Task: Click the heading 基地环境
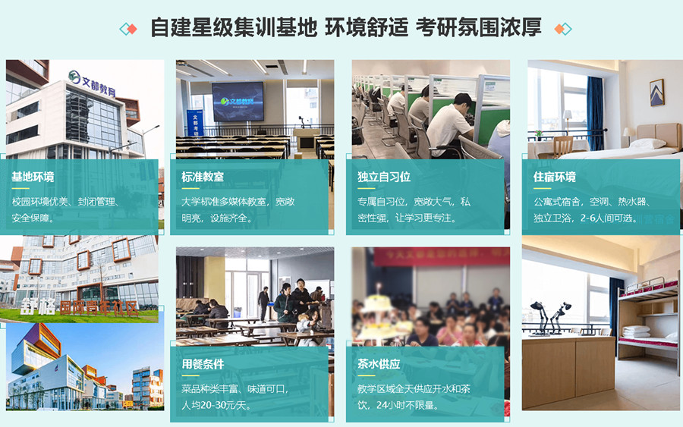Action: pos(33,177)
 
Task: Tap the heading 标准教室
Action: pos(203,177)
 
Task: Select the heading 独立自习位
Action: pos(384,177)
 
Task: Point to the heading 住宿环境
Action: pos(555,177)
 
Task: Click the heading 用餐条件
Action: pos(203,364)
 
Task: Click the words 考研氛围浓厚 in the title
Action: pos(478,28)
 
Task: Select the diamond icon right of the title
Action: pos(562,29)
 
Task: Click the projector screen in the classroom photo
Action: pos(238,101)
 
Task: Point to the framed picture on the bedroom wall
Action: pos(656,92)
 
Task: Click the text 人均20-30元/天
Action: pos(217,405)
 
